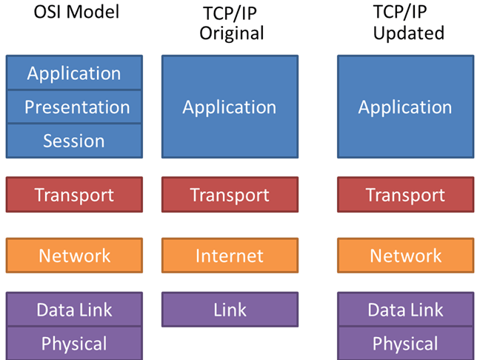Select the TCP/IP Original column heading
(x=230, y=24)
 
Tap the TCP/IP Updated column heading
(x=408, y=24)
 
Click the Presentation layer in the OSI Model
(x=74, y=107)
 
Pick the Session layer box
(x=74, y=141)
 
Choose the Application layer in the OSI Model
(x=74, y=73)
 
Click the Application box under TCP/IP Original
(x=230, y=107)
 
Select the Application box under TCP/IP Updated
(x=405, y=107)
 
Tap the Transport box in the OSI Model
(x=74, y=196)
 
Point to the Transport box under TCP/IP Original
(x=230, y=196)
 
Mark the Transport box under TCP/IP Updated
(x=405, y=196)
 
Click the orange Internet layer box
(x=230, y=256)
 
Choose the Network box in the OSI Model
(x=74, y=256)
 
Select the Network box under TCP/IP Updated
(x=405, y=256)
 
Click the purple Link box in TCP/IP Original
(x=230, y=310)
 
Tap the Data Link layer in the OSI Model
(x=74, y=310)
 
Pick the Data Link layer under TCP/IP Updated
(x=405, y=310)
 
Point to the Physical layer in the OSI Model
(x=74, y=344)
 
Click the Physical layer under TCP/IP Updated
(x=405, y=344)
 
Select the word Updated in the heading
(x=408, y=34)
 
